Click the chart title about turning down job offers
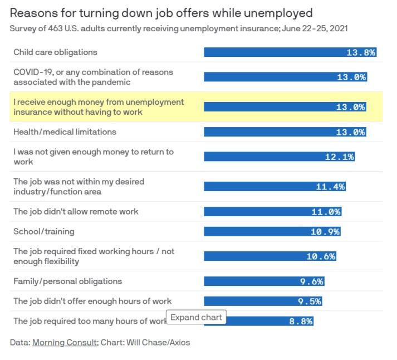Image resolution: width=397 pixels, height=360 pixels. pos(161,12)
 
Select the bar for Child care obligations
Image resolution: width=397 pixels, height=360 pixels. pos(290,52)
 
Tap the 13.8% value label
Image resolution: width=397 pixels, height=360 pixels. pos(361,52)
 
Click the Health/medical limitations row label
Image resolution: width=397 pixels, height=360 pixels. pos(65,132)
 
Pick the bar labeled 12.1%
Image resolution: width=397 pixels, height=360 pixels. pos(279,157)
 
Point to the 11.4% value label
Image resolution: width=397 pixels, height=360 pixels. pos(330,187)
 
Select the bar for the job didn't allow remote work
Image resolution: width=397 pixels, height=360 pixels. pos(272,212)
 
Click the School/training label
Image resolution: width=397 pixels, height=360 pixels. pos(43,231)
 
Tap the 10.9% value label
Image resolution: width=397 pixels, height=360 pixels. pos(325,232)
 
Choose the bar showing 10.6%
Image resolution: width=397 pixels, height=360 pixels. pos(269,256)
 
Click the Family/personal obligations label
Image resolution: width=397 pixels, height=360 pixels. pos(67,281)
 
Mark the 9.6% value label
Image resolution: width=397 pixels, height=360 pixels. pos(311,282)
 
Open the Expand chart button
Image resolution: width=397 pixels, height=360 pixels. pos(196,318)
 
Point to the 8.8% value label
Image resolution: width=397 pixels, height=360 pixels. pos(302,322)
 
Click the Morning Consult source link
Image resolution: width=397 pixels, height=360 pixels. pos(65,342)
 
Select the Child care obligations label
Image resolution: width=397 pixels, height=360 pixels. pos(55,52)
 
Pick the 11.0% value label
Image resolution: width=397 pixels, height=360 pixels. pos(326,212)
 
